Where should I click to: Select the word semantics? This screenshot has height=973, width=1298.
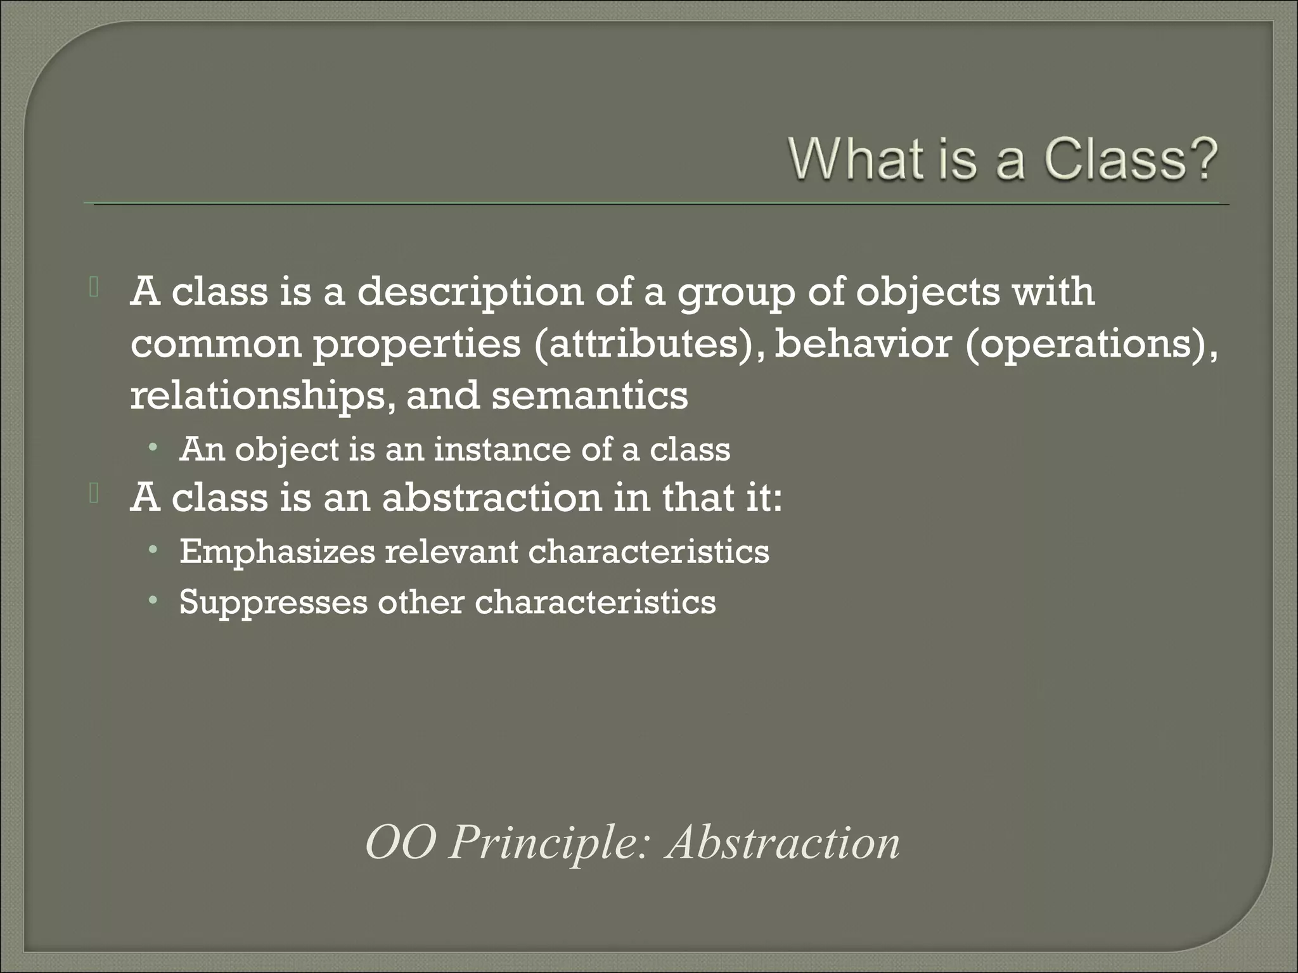589,395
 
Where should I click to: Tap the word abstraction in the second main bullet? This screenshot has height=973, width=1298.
491,498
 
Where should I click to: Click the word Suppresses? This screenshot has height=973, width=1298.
273,602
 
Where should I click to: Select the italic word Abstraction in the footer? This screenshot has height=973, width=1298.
783,844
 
